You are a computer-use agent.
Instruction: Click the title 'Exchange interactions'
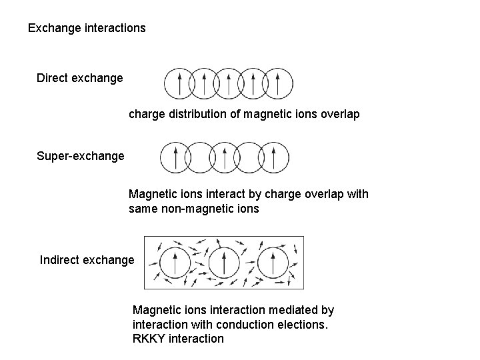(x=87, y=29)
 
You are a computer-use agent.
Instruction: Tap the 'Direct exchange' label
(x=80, y=78)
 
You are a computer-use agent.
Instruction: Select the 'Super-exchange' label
(x=81, y=156)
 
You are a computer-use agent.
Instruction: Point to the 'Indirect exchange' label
(x=87, y=260)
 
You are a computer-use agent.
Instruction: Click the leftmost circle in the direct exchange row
(x=179, y=84)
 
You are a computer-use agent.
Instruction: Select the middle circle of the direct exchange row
(x=229, y=84)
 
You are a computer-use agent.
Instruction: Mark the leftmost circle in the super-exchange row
(x=175, y=157)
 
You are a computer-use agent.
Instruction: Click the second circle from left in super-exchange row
(x=200, y=157)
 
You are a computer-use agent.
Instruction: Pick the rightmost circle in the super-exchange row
(x=273, y=157)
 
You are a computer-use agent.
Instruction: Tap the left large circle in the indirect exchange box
(x=174, y=263)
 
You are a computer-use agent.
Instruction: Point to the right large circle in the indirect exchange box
(x=273, y=263)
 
